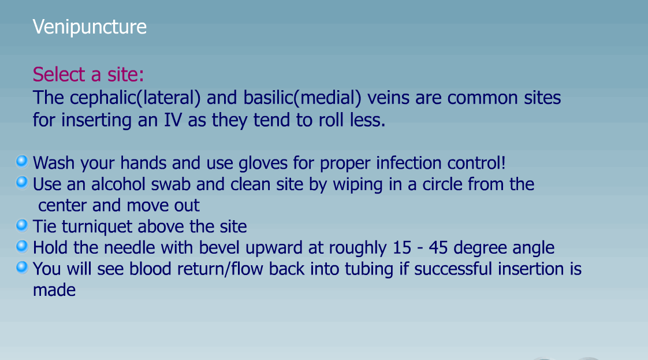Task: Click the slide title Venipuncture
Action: pyautogui.click(x=90, y=27)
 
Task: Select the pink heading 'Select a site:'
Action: pyautogui.click(x=88, y=75)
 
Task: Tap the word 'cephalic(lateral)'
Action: pyautogui.click(x=135, y=98)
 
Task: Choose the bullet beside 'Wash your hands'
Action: pyautogui.click(x=22, y=161)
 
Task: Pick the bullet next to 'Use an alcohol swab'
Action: pyautogui.click(x=22, y=182)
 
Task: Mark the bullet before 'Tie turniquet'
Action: pyautogui.click(x=22, y=225)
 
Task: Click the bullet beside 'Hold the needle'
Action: pyautogui.click(x=22, y=246)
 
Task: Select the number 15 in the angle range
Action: pyautogui.click(x=402, y=247)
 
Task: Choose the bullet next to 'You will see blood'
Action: pyautogui.click(x=22, y=268)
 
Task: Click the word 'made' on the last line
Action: pyautogui.click(x=54, y=290)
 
